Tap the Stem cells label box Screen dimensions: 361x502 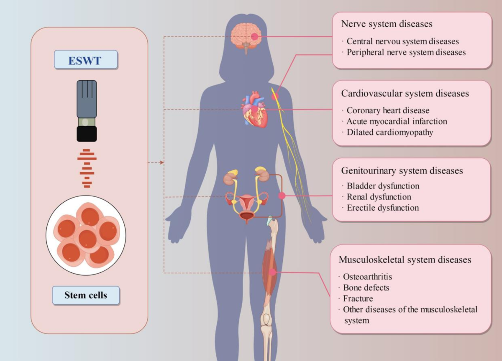coord(86,295)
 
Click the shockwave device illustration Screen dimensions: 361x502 coord(87,111)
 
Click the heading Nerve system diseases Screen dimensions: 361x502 coord(387,24)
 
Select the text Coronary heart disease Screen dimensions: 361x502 coord(388,111)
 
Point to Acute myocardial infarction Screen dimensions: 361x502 coord(397,122)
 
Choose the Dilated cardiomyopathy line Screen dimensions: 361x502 coord(389,132)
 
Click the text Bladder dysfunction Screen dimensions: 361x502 coord(383,186)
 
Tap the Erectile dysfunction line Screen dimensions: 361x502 coord(382,208)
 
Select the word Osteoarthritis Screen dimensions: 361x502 coord(367,277)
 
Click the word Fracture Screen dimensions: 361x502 coord(358,299)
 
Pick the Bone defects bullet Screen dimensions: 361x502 coord(366,288)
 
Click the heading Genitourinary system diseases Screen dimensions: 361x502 coord(402,171)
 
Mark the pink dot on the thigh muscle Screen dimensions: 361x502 coord(273,272)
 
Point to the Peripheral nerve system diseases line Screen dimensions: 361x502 coord(406,53)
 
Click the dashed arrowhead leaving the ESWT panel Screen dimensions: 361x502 coord(162,162)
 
